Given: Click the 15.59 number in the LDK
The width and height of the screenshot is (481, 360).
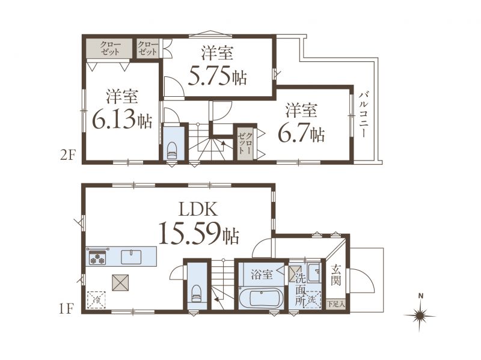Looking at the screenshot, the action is pos(189,233).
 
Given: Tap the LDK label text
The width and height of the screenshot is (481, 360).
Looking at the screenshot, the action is pos(198,210).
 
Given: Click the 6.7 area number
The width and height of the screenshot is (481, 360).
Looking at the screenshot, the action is pos(293,133).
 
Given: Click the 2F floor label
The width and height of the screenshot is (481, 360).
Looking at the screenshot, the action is pos(68,156).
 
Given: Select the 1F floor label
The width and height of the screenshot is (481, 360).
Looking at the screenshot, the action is pos(66,309).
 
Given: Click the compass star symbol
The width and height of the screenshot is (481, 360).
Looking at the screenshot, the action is pos(419,315).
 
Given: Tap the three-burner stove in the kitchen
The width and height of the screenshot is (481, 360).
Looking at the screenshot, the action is pos(97,258).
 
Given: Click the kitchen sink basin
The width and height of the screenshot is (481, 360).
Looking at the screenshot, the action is pos(131,257).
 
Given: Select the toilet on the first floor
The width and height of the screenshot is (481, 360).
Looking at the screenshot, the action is pos(197,294).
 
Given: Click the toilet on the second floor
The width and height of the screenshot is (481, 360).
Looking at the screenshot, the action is pos(172,150).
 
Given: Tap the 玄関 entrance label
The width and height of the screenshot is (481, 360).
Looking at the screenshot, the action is pos(336,275).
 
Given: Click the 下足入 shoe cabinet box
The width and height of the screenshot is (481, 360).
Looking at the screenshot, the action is pos(336,305).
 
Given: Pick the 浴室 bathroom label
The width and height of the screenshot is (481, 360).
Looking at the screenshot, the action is pos(262,274).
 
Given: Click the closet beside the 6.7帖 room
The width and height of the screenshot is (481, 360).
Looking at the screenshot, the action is pos(245,143).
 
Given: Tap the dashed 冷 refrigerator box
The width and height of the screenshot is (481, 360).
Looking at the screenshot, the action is pos(97,300).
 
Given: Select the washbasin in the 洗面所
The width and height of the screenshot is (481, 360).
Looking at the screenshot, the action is pos(314,273).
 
